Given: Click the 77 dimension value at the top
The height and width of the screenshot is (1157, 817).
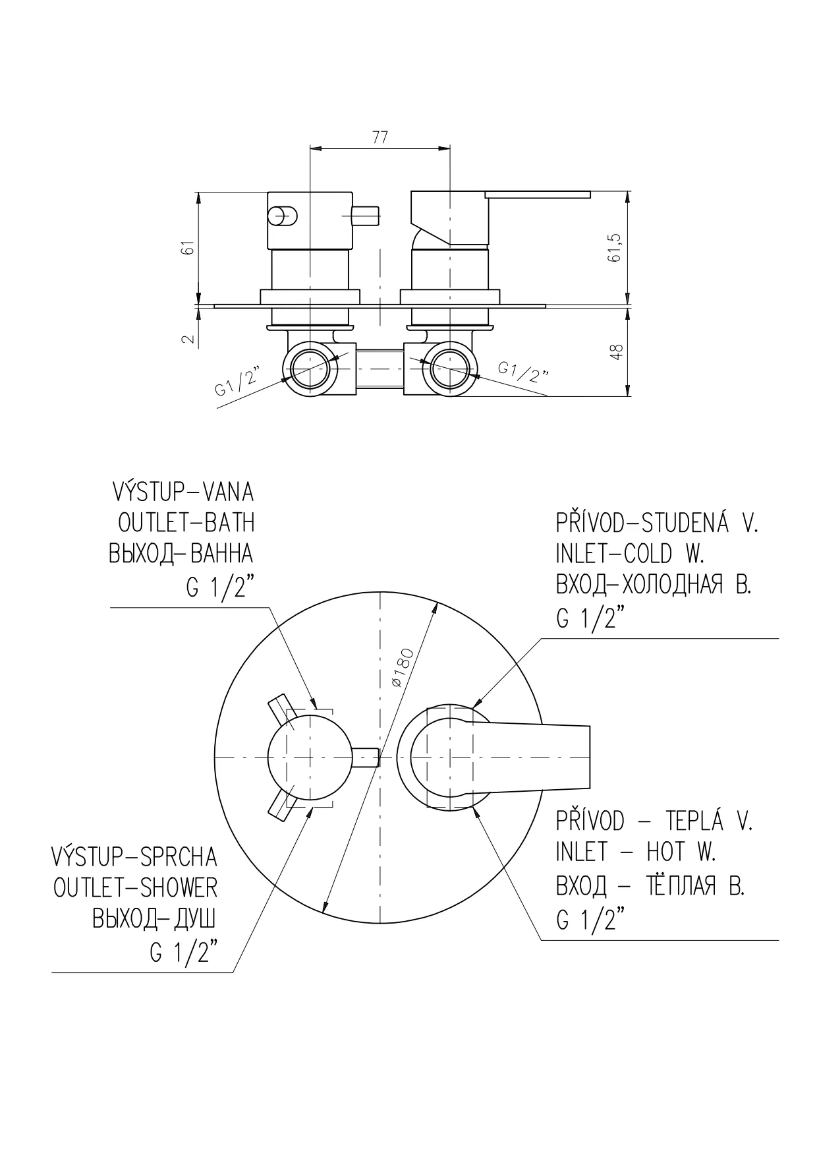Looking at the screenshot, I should click(380, 137).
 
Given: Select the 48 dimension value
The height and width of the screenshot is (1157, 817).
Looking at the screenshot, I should click(617, 351).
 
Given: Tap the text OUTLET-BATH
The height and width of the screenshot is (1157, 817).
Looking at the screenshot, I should click(186, 523).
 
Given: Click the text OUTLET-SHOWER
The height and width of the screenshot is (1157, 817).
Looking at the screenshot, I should click(135, 888).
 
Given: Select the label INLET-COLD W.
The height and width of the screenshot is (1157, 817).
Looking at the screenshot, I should click(631, 554).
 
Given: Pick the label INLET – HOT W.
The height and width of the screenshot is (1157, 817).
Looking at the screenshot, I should click(636, 852).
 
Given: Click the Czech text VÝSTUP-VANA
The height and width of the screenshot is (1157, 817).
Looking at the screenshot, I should click(183, 492).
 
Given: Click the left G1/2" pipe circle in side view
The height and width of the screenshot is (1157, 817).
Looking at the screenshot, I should click(310, 369).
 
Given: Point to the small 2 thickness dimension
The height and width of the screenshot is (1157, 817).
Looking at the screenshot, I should click(188, 340).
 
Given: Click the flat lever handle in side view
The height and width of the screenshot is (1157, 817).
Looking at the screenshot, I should click(537, 194).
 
